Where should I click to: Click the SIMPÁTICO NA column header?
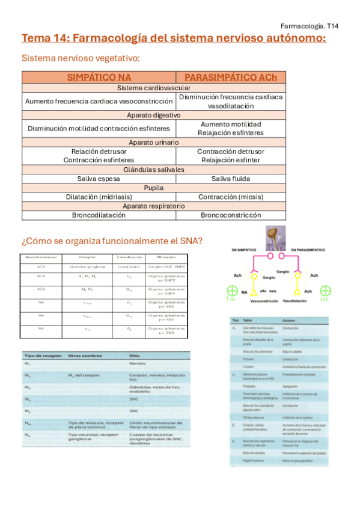[x=99, y=78]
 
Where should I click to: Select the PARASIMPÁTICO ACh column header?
[x=231, y=78]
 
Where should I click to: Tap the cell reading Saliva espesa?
[x=99, y=179]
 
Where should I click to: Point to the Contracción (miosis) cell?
[x=231, y=197]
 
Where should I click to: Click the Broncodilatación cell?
[x=99, y=215]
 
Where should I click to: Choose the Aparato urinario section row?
[x=154, y=143]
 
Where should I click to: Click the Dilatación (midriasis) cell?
[x=99, y=197]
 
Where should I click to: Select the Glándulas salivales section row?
[x=154, y=170]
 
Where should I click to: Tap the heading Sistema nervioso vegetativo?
[x=81, y=58]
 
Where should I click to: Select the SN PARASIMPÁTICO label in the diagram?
[x=312, y=250]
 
